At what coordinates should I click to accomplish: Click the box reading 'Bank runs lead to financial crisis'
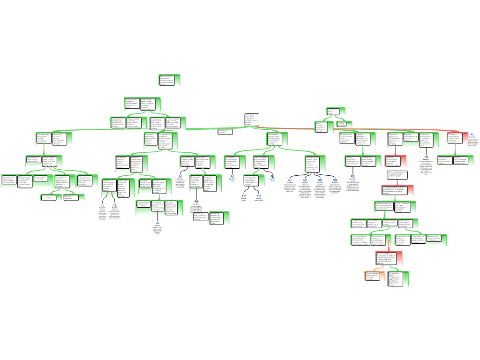(41, 179)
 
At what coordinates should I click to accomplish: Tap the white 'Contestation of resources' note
(225, 132)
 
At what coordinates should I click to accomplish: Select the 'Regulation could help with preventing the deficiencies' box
(436, 240)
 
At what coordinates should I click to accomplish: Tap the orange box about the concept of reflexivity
(374, 276)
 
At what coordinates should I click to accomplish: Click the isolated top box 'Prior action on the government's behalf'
(169, 80)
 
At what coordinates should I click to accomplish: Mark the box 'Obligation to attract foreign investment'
(219, 218)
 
